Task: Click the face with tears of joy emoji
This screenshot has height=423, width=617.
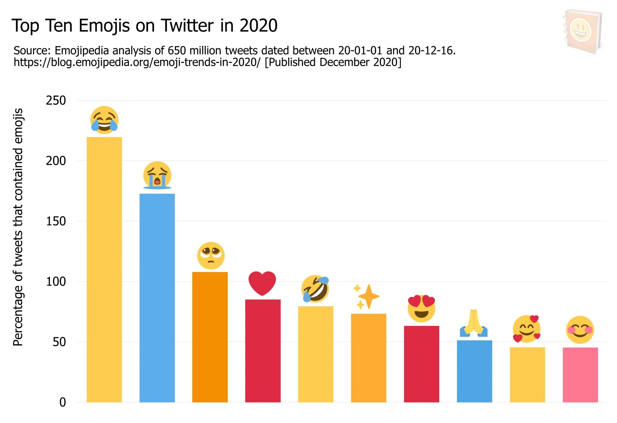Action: click(104, 120)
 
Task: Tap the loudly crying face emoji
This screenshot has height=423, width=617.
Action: click(157, 175)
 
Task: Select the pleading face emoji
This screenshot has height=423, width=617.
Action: click(211, 255)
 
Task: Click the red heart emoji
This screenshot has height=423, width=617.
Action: click(262, 283)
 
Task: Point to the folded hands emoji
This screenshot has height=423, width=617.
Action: click(474, 323)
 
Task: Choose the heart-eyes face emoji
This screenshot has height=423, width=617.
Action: click(421, 309)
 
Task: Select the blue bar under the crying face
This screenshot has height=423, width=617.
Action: click(157, 298)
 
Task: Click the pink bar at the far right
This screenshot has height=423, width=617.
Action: click(580, 375)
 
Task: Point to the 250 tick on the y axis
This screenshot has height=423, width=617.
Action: click(56, 101)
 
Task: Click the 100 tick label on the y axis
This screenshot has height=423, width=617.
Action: click(56, 282)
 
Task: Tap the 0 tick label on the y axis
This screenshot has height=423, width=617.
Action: click(63, 402)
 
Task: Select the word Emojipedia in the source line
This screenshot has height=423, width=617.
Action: click(82, 51)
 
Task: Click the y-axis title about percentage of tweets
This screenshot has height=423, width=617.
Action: click(18, 227)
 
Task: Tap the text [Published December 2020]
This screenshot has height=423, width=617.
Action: click(333, 62)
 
